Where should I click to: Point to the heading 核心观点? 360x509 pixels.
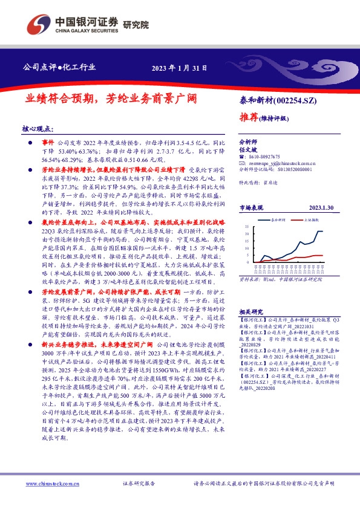point(37,129)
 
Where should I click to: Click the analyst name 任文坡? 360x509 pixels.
point(248,148)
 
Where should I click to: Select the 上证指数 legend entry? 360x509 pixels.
point(311,221)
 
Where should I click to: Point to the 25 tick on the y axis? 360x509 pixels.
point(247,227)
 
